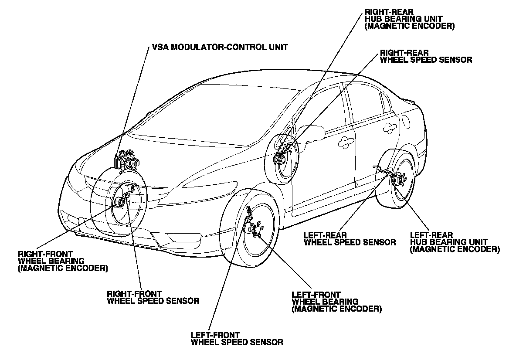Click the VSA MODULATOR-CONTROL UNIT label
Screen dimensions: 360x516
[x=220, y=47]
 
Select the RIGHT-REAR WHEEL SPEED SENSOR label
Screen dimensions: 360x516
[x=426, y=56]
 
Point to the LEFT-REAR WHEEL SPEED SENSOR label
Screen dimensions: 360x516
[x=350, y=239]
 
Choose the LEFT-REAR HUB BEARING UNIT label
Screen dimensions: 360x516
[x=454, y=242]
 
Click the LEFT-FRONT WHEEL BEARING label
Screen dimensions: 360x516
[x=336, y=302]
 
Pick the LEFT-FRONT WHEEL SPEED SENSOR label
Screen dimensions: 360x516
[x=237, y=339]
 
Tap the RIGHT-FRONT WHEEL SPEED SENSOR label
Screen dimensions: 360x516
[x=153, y=297]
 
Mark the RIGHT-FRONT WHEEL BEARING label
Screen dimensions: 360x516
[x=63, y=261]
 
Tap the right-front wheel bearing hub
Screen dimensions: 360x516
[x=119, y=202]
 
